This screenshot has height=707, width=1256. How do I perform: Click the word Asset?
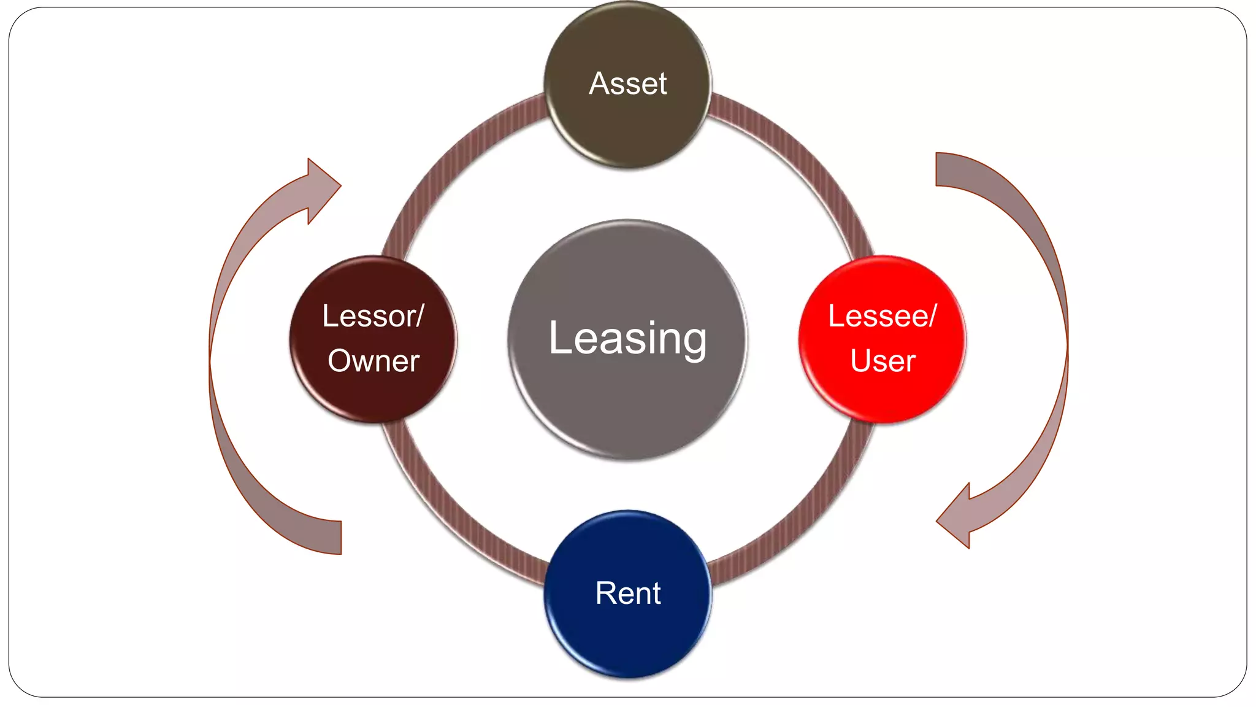point(627,83)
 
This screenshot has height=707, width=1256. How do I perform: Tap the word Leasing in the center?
point(627,338)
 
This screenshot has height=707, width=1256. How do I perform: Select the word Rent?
point(627,593)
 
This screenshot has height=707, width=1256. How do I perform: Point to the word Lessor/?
point(373,316)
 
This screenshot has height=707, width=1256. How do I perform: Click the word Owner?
point(373,361)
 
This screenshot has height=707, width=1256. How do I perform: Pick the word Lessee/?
point(882,316)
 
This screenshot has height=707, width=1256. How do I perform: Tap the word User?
point(883,361)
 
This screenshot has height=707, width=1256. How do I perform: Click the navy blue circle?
point(627,632)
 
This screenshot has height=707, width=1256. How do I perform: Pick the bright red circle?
point(883,393)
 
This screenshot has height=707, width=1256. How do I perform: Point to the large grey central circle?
point(627,405)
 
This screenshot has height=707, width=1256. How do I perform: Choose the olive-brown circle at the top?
point(627,129)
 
